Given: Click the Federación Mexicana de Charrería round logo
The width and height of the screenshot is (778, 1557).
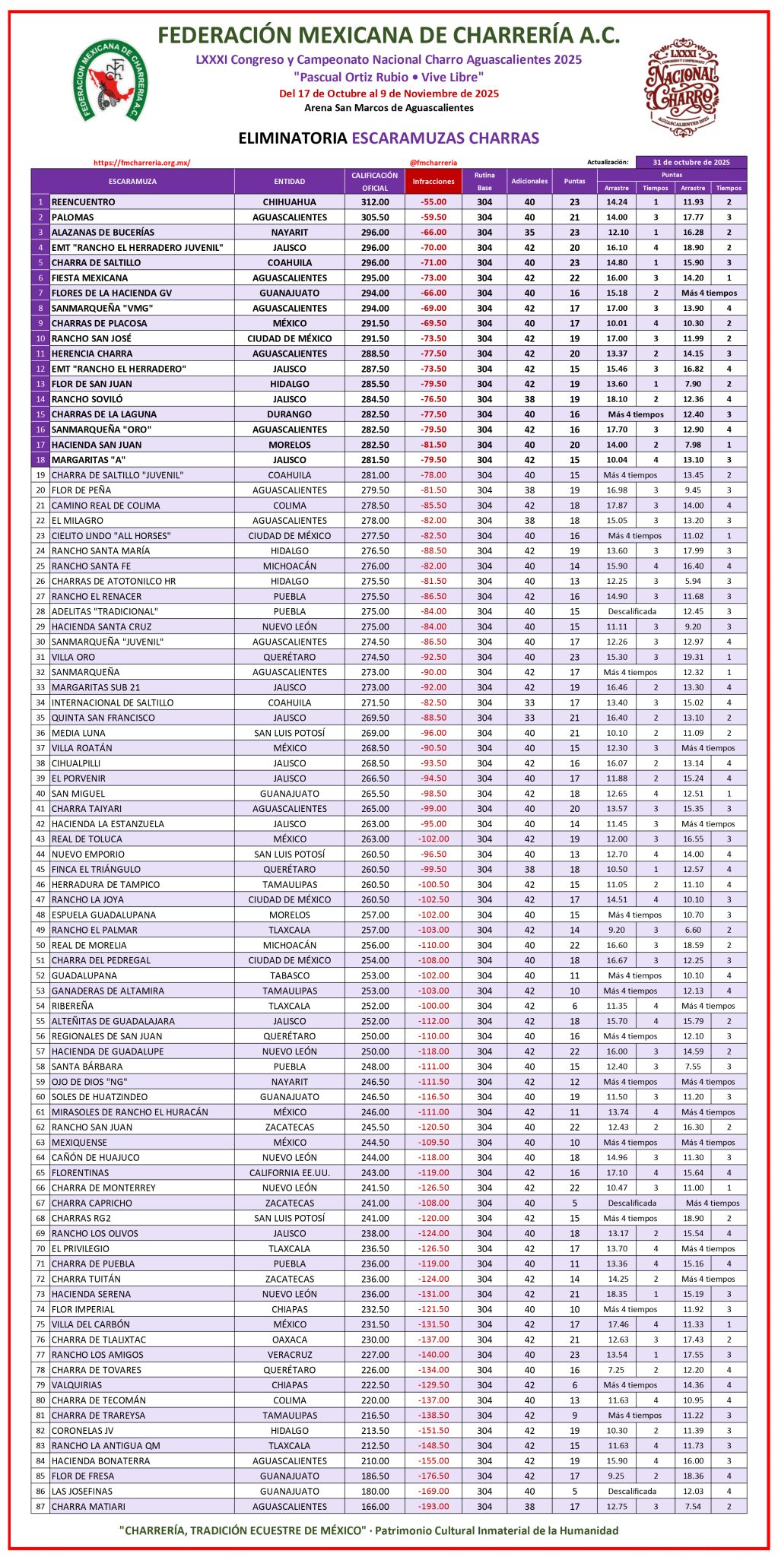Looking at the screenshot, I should (x=111, y=80).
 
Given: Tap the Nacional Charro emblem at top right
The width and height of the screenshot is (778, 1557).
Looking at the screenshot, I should (x=682, y=87).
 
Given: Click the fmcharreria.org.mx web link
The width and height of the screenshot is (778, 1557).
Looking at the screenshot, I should (x=141, y=162).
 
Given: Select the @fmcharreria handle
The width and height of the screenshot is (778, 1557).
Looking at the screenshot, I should (x=433, y=162).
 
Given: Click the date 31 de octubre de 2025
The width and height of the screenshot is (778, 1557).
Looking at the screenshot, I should (x=691, y=162).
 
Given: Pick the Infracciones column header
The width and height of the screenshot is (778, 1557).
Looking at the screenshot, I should (x=433, y=181).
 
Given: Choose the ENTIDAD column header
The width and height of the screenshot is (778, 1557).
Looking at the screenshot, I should (x=289, y=181).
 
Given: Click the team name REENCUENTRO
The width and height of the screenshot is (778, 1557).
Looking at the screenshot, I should (x=84, y=202).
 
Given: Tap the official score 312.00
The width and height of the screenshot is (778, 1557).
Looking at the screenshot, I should (x=375, y=202).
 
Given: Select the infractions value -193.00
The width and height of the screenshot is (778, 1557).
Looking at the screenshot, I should (x=433, y=1506).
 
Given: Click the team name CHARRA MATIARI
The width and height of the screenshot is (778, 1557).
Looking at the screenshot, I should (x=88, y=1506).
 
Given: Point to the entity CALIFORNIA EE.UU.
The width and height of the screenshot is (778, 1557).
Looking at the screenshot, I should (x=290, y=1172).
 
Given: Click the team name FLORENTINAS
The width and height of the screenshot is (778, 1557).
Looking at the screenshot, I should (x=80, y=1172).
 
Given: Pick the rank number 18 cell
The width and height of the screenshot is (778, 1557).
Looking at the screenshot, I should (x=40, y=460).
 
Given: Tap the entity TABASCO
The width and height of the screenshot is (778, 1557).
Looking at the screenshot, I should (x=290, y=975).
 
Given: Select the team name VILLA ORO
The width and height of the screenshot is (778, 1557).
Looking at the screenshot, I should (x=73, y=657).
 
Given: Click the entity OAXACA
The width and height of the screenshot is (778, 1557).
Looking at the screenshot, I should (x=290, y=1340).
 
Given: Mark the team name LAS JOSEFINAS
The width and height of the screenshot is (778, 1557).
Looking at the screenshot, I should (x=82, y=1491).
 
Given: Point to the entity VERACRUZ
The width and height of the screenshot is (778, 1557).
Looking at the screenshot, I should (x=290, y=1355).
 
